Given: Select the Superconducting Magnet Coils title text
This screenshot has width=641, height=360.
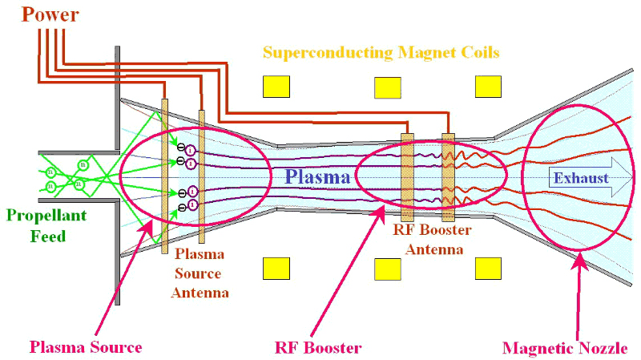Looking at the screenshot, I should tap(381, 54).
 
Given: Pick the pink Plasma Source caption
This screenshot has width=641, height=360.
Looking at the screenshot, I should tap(86, 347).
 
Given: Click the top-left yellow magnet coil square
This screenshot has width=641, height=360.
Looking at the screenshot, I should tap(276, 86).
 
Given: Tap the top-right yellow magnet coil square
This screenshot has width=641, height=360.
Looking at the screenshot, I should tap(488, 86).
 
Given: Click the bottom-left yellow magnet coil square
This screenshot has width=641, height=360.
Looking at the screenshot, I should tap(276, 267).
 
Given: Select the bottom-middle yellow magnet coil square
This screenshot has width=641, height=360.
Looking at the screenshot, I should tap(388, 267).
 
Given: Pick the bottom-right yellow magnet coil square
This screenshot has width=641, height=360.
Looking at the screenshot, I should tap(488, 267).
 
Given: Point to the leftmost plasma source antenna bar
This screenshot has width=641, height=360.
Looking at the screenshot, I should tap(165, 168).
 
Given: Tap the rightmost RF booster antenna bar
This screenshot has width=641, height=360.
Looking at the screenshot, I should tap(448, 176).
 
